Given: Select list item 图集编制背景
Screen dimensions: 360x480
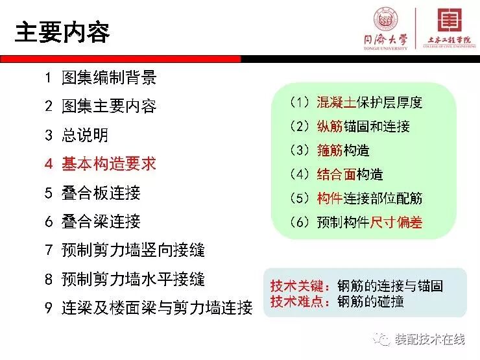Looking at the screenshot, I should tap(108, 78).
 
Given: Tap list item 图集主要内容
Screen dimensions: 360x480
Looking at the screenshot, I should tap(108, 106).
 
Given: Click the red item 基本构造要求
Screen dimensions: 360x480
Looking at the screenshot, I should tap(108, 163).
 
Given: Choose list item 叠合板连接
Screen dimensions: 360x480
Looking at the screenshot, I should tap(101, 193).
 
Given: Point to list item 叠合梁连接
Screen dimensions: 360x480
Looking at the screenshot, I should tap(101, 221).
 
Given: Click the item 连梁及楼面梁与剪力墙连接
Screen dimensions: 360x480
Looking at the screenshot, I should tap(156, 307).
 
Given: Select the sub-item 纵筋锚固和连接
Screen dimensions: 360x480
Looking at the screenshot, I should tap(363, 126).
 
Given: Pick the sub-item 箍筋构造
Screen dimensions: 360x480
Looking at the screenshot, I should tap(343, 150).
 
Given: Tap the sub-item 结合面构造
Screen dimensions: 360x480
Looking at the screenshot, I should tap(350, 174).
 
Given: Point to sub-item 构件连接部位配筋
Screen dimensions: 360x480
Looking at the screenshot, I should tap(369, 198).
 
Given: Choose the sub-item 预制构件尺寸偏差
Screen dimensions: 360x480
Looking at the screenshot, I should tap(369, 222).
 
